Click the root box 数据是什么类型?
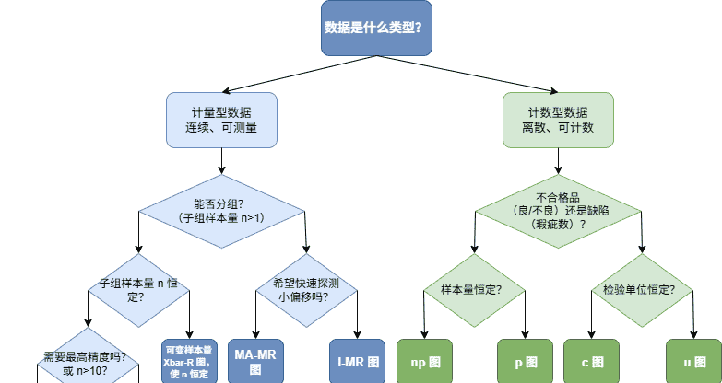(373, 27)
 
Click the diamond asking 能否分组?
(220, 211)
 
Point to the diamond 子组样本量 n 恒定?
(138, 290)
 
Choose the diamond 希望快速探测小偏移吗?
(305, 290)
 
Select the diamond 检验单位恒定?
(644, 290)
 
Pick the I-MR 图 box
(357, 361)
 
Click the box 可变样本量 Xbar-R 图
(188, 361)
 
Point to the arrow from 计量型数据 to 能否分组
(220, 161)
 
